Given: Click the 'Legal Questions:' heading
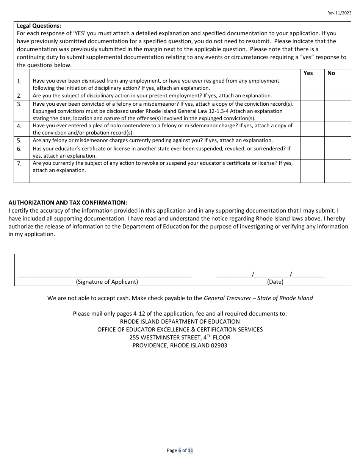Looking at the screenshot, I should [x=39, y=26].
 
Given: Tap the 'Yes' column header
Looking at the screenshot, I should [x=308, y=73].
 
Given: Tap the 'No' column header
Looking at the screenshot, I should [x=331, y=73].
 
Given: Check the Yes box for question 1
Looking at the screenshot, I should [x=312, y=84].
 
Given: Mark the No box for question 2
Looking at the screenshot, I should [x=338, y=96].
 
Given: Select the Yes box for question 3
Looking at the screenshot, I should [x=312, y=111].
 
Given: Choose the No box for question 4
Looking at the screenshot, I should [x=338, y=129].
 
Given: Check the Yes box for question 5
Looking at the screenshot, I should [x=312, y=141].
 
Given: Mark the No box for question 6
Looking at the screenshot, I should [x=338, y=152].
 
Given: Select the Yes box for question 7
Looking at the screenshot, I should [x=312, y=171].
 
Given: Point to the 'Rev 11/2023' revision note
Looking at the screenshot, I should [x=339, y=13].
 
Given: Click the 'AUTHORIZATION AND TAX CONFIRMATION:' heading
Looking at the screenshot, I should [x=68, y=203].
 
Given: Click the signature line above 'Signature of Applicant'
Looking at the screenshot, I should [x=105, y=275].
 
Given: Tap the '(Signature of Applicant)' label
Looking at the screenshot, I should [x=107, y=282].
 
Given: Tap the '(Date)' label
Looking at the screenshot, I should [x=275, y=282].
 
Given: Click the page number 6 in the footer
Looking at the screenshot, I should [x=180, y=450].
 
